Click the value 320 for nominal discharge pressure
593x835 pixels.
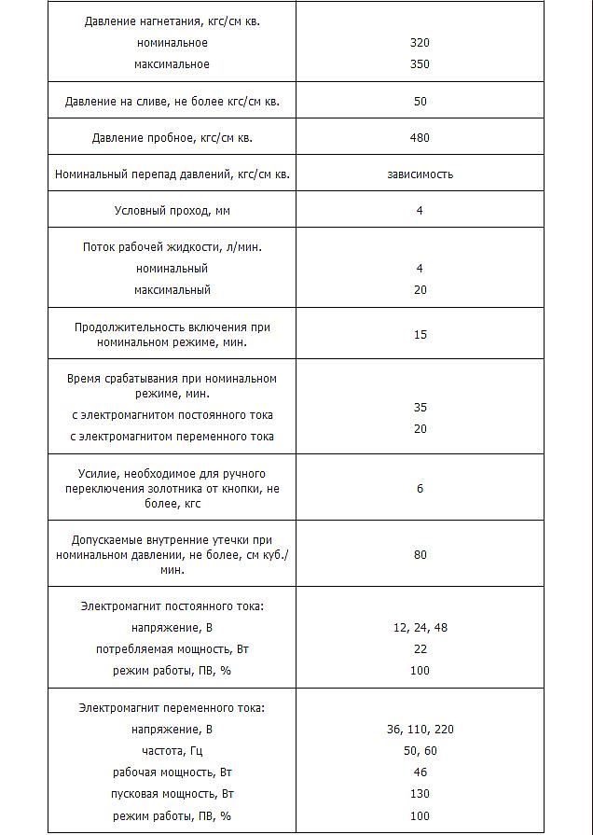pyautogui.click(x=420, y=43)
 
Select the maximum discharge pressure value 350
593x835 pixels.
pyautogui.click(x=420, y=64)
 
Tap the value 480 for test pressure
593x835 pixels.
pyautogui.click(x=420, y=138)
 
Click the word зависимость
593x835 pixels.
pyautogui.click(x=420, y=174)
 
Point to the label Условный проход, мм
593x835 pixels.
pyautogui.click(x=172, y=211)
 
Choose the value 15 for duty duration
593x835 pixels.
pyautogui.click(x=420, y=335)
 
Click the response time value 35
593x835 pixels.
pyautogui.click(x=420, y=408)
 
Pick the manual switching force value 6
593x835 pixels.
pyautogui.click(x=420, y=488)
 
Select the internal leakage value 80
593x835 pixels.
pyautogui.click(x=420, y=555)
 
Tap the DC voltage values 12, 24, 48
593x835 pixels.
pyautogui.click(x=420, y=628)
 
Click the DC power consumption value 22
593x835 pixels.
pyautogui.click(x=420, y=649)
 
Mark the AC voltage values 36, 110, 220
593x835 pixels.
pyautogui.click(x=420, y=730)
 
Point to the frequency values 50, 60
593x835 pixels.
pyautogui.click(x=420, y=751)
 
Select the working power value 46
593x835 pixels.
pyautogui.click(x=420, y=772)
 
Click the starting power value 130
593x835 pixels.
pyautogui.click(x=420, y=794)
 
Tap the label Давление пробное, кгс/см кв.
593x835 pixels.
pyautogui.click(x=172, y=138)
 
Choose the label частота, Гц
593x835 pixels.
pyautogui.click(x=172, y=751)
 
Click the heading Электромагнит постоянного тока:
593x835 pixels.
pyautogui.click(x=172, y=606)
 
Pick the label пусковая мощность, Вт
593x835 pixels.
pyautogui.click(x=172, y=794)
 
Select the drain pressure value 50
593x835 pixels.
pyautogui.click(x=420, y=102)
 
